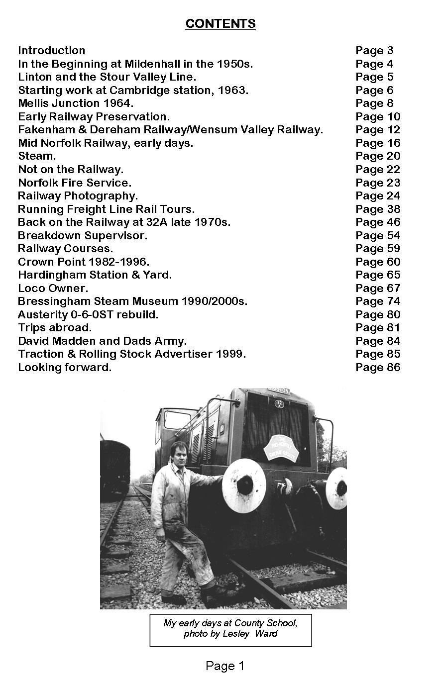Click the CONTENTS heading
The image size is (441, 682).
pos(220,24)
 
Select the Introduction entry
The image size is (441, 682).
pos(52,51)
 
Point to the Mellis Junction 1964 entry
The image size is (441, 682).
pos(76,103)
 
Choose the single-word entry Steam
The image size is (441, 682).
pos(37,156)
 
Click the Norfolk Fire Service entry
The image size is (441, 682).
pos(75,183)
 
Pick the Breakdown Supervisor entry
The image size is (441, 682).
pos(83,235)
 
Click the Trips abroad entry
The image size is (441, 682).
pos(55,328)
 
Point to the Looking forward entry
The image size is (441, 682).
pos(65,368)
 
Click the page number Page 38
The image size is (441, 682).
pos(378,209)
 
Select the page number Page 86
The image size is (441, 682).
pos(378,368)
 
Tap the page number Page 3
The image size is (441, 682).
pos(374,51)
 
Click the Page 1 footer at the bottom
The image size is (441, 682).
pos(225,666)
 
